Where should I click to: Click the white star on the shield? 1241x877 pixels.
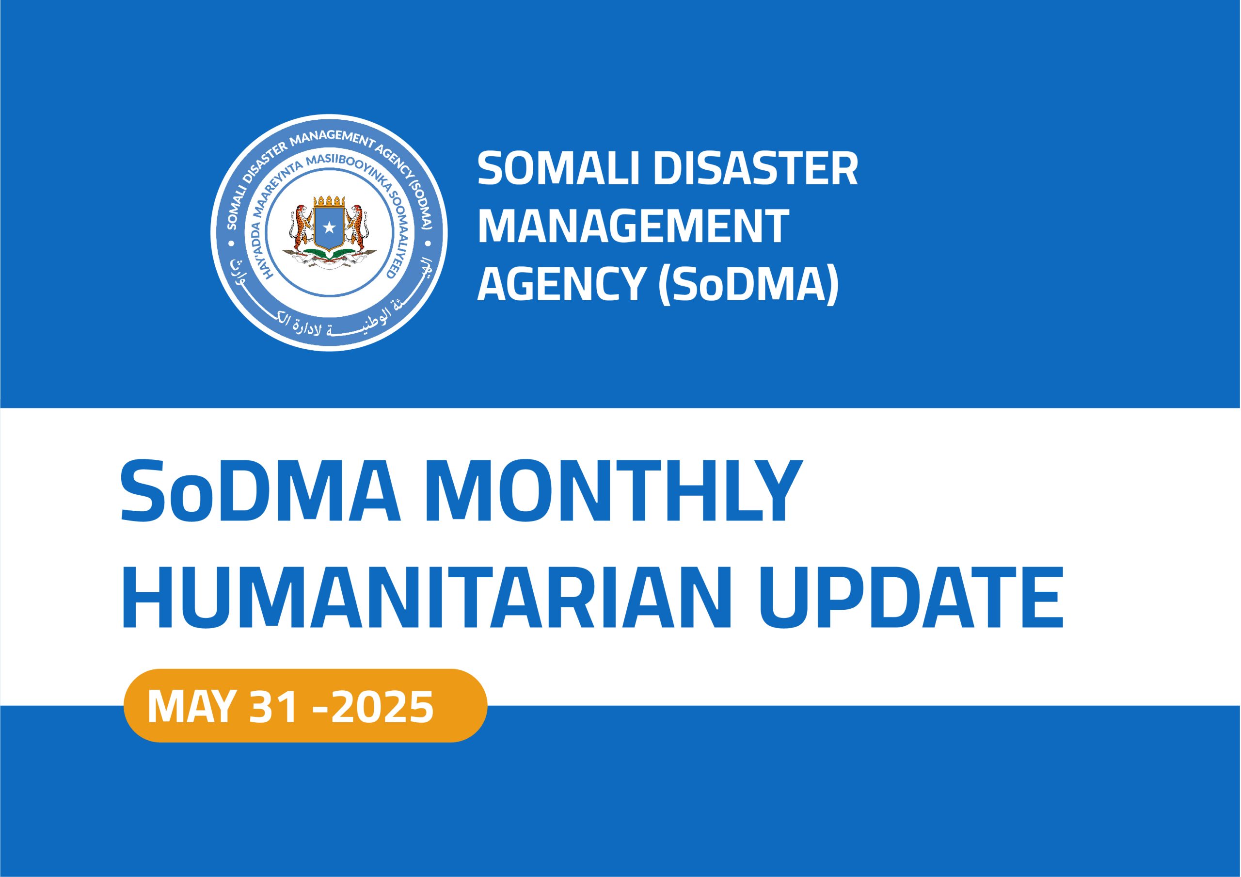pyautogui.click(x=329, y=228)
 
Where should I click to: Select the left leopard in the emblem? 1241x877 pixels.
pyautogui.click(x=300, y=230)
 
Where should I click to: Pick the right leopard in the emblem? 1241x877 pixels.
pyautogui.click(x=358, y=230)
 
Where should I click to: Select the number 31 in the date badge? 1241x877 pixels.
pyautogui.click(x=273, y=707)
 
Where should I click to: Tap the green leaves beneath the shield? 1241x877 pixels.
pyautogui.click(x=329, y=253)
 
